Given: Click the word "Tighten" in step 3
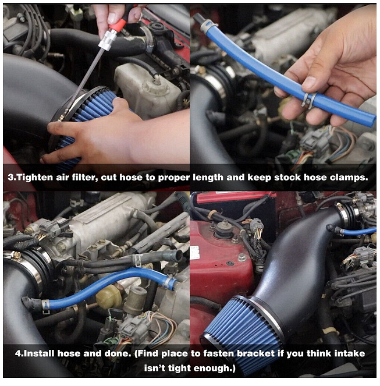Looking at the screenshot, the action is point(34,177).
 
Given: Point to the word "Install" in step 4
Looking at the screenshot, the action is point(39,353).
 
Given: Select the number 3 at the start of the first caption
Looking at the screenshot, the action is point(10,177).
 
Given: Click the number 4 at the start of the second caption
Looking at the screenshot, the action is point(18,353).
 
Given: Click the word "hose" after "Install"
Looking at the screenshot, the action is point(69,353).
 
